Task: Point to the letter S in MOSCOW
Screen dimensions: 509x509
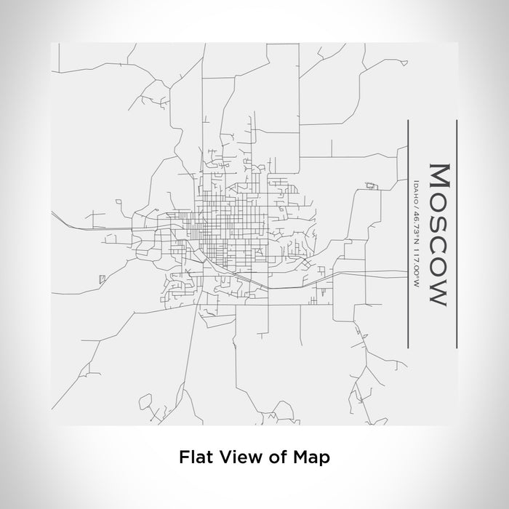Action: tap(438, 223)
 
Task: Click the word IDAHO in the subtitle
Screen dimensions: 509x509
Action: tap(414, 187)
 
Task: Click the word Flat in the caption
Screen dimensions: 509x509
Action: tap(191, 457)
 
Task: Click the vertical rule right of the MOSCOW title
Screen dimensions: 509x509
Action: tap(456, 233)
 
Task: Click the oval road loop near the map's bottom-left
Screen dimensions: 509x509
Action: tap(146, 401)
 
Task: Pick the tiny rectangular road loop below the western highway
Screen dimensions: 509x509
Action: tap(101, 278)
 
